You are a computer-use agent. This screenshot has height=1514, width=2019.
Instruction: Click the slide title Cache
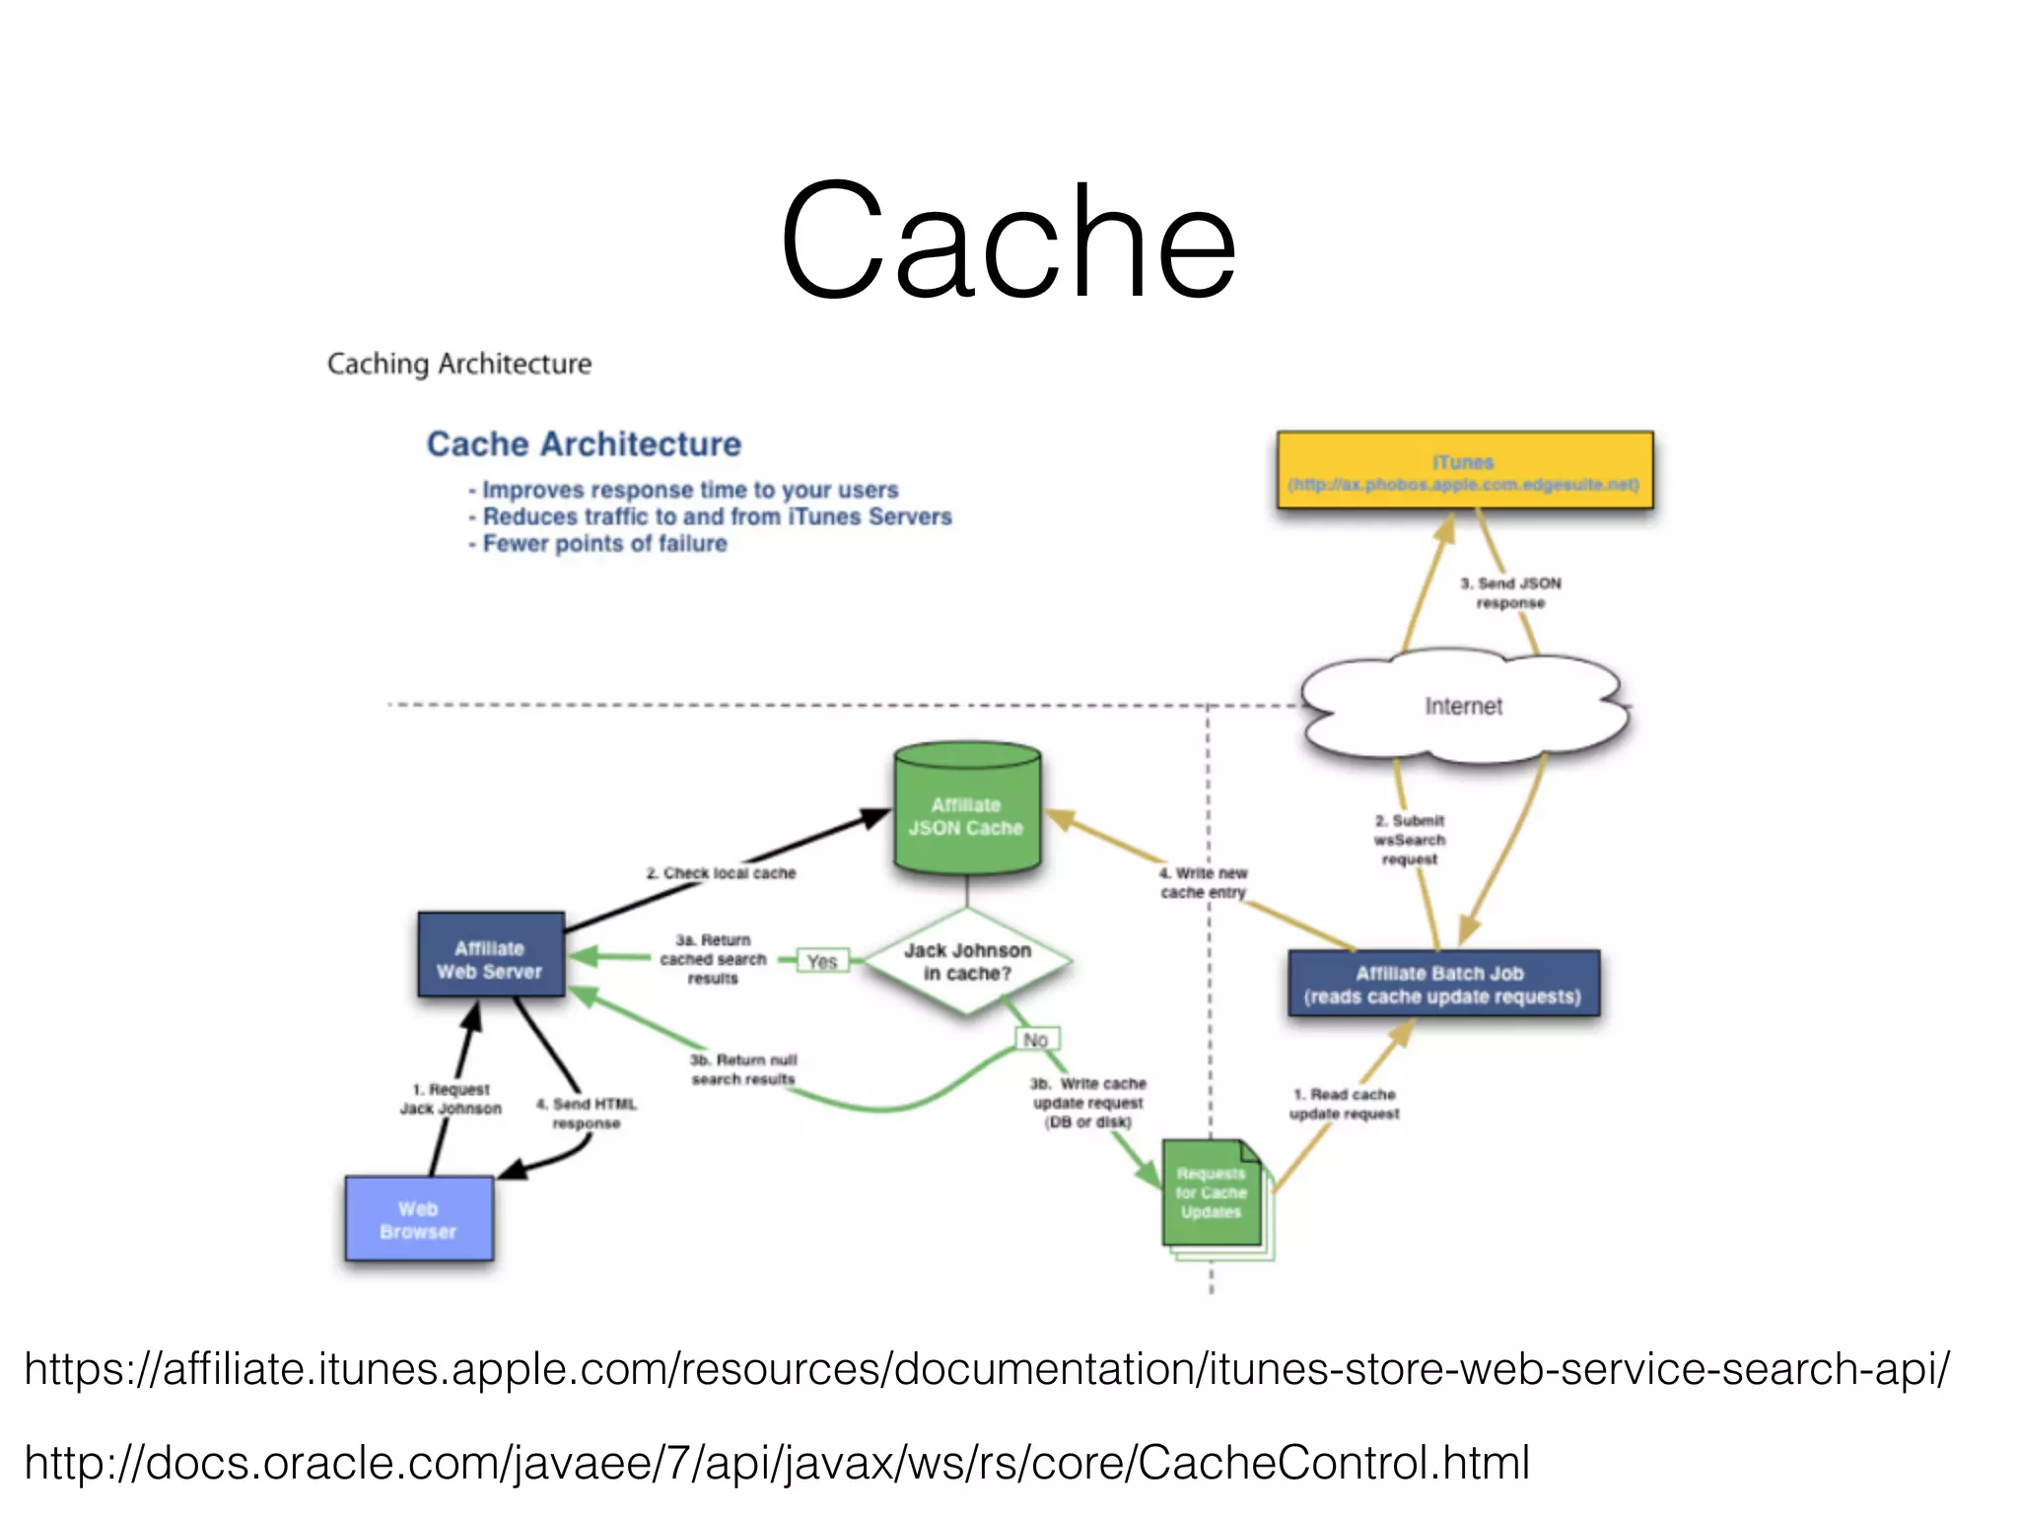tap(1008, 241)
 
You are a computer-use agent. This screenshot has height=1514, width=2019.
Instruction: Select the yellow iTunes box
tap(1464, 471)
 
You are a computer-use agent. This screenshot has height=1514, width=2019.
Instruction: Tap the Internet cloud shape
tap(1464, 706)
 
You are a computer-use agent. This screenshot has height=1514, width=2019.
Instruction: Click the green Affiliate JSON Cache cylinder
tap(967, 814)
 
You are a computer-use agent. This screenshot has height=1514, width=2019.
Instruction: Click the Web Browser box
tap(419, 1219)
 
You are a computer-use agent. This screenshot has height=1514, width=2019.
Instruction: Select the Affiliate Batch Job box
tap(1443, 984)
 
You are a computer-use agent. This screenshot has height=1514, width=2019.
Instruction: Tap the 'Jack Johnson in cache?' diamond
tap(967, 961)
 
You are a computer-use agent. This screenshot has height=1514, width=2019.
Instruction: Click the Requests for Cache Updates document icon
tap(1212, 1194)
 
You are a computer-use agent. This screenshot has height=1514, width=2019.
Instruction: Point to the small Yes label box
tap(822, 961)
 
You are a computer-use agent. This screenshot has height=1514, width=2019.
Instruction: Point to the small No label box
tap(1035, 1039)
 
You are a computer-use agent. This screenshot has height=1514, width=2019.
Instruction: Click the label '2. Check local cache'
tap(722, 872)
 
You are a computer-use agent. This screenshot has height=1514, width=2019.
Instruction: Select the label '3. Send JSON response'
tap(1510, 592)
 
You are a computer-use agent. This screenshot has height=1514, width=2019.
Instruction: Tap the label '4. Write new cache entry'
tap(1203, 882)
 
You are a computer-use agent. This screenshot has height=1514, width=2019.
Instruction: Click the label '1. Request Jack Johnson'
tap(452, 1098)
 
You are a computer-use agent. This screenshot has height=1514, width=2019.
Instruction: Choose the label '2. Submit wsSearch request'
tap(1410, 839)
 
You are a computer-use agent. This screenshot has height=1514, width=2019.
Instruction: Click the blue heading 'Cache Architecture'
tap(584, 444)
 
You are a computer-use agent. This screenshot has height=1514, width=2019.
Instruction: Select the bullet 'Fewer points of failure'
tap(603, 544)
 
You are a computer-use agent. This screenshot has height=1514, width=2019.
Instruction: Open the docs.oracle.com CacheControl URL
tap(777, 1462)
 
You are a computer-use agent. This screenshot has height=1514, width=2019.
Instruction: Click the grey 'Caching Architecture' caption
tap(459, 364)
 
